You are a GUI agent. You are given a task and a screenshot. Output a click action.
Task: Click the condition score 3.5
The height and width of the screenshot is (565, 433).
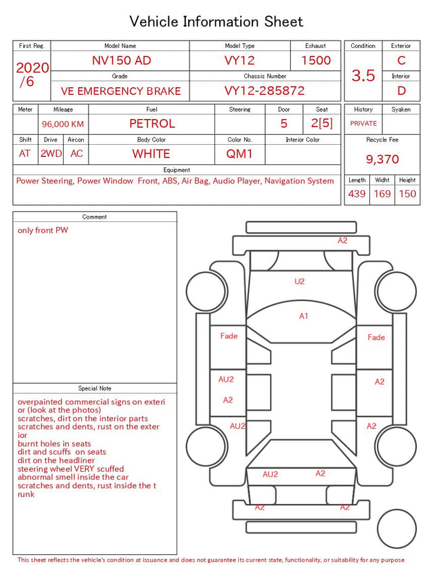(x=363, y=75)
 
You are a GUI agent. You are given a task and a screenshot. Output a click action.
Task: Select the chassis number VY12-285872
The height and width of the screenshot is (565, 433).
(x=265, y=91)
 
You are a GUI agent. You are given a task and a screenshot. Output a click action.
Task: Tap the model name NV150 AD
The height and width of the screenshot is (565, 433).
(x=121, y=60)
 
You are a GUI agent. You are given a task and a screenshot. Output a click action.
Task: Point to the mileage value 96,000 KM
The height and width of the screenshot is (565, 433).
(x=63, y=125)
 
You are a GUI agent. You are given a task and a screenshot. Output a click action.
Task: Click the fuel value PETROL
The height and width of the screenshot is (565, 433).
(x=152, y=124)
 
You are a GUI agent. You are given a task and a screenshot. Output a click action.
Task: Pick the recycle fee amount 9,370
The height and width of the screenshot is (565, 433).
(x=382, y=159)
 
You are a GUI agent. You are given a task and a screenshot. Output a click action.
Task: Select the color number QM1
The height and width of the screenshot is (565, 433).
(x=240, y=154)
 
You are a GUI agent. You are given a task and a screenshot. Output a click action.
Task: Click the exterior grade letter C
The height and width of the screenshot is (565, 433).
(x=401, y=60)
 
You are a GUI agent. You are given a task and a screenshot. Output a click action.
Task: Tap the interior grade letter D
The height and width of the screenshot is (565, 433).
(x=401, y=91)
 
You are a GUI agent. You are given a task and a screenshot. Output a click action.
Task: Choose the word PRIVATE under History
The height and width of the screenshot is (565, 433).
(x=363, y=123)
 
